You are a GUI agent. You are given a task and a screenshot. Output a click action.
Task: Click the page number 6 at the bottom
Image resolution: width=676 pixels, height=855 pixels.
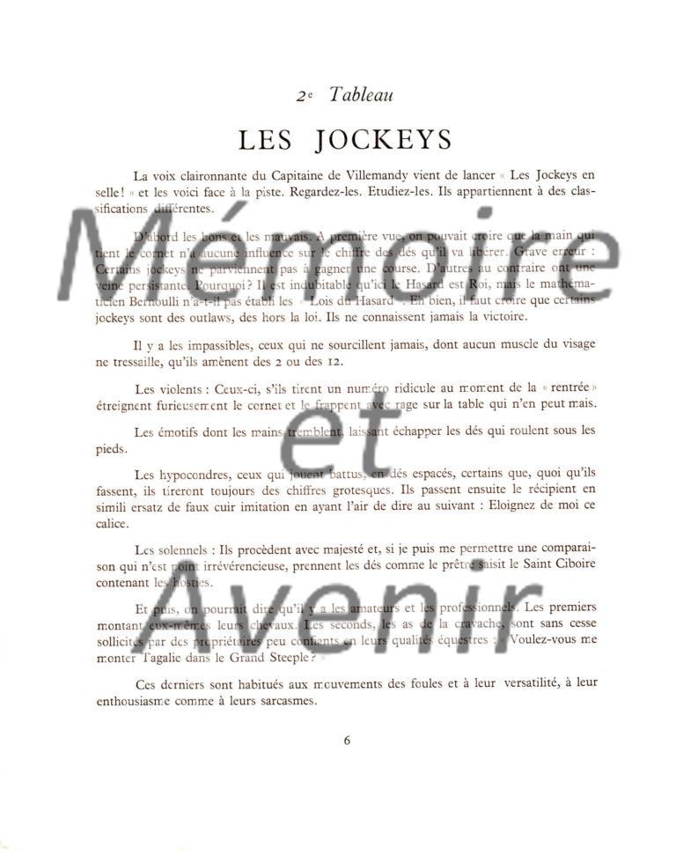click(x=347, y=741)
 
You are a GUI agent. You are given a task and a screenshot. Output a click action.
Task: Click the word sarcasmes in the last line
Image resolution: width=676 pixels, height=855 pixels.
click(x=284, y=701)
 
